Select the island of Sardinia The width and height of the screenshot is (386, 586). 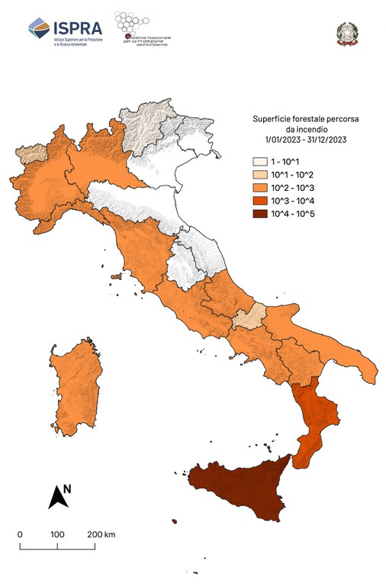pos(79,385)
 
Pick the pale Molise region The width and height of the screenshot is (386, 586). pos(250,316)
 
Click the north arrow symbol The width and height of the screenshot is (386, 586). pos(57,497)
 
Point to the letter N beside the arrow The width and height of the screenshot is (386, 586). pos(67,488)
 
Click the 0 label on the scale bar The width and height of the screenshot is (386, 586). pos(20,534)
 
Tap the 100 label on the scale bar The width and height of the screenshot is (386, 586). pos(56,534)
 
